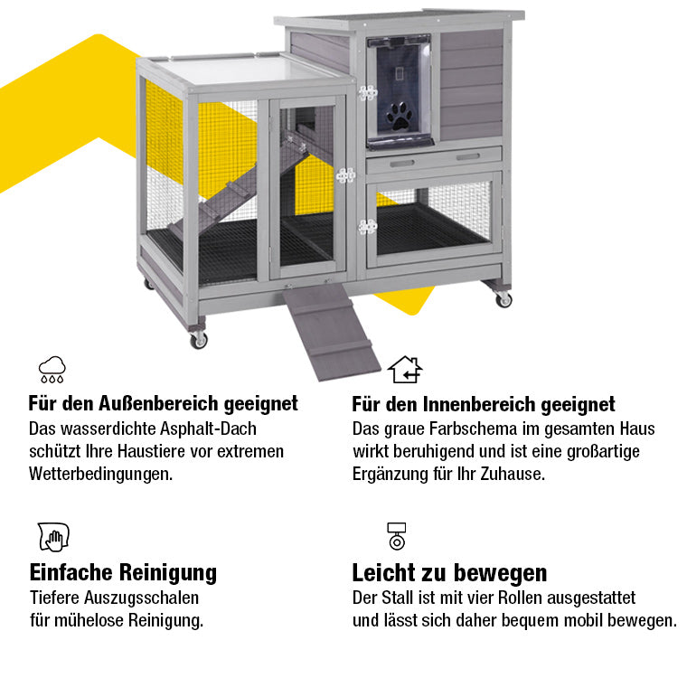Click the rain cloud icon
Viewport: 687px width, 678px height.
pos(52,368)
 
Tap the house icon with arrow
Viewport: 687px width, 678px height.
pos(405,369)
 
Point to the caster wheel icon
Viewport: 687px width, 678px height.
pos(396,536)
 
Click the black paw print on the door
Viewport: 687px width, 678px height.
pos(399,115)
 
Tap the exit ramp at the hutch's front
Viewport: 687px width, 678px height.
pos(323,328)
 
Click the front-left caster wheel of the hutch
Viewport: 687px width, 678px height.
pos(198,339)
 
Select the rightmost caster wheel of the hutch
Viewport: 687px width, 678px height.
pos(503,298)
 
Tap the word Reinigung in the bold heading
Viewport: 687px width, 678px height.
pos(172,572)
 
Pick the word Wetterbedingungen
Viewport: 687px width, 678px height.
pos(100,473)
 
